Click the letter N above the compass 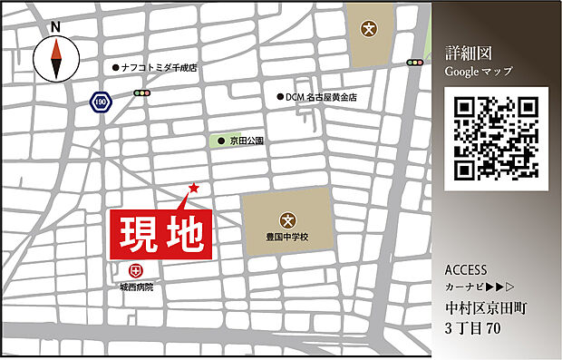[x=55, y=27]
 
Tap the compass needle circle [x=55, y=60]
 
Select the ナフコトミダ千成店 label [x=159, y=67]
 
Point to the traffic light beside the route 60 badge [x=141, y=93]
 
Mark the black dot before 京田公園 [x=220, y=141]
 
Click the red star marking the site [x=193, y=189]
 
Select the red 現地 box [x=160, y=235]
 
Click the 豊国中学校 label [x=287, y=237]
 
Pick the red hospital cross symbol [x=136, y=269]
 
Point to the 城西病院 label [x=136, y=287]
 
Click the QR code [x=497, y=140]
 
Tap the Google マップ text [x=479, y=71]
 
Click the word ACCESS [x=467, y=270]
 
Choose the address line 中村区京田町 [x=486, y=307]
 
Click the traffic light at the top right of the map [x=416, y=63]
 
